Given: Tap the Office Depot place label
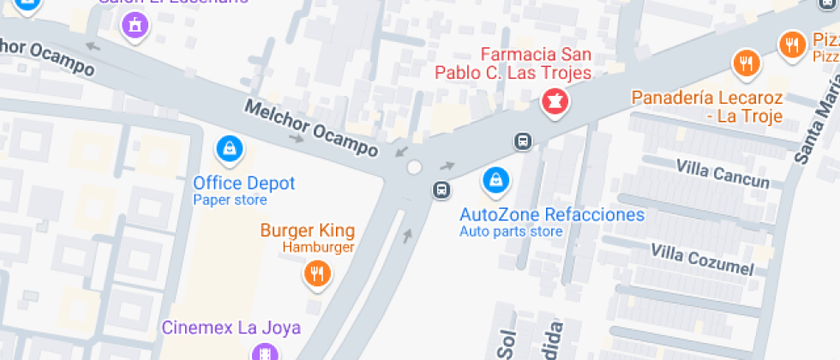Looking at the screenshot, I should point(243,183).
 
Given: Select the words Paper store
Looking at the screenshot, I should point(230,200).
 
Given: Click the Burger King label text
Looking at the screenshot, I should point(307,231).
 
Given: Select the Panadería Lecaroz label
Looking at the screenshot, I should point(706,106).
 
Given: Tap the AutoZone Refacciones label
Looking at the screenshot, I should point(551,214).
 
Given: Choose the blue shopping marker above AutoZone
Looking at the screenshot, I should point(496,180).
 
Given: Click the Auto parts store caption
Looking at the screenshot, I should point(511,231).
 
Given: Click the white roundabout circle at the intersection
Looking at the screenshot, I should point(415,167).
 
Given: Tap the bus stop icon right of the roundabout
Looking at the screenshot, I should point(441,189).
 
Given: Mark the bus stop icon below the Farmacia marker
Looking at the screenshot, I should point(521,141).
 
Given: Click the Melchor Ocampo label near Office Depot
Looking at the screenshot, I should point(311,129).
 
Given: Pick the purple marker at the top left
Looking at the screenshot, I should point(135,25).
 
